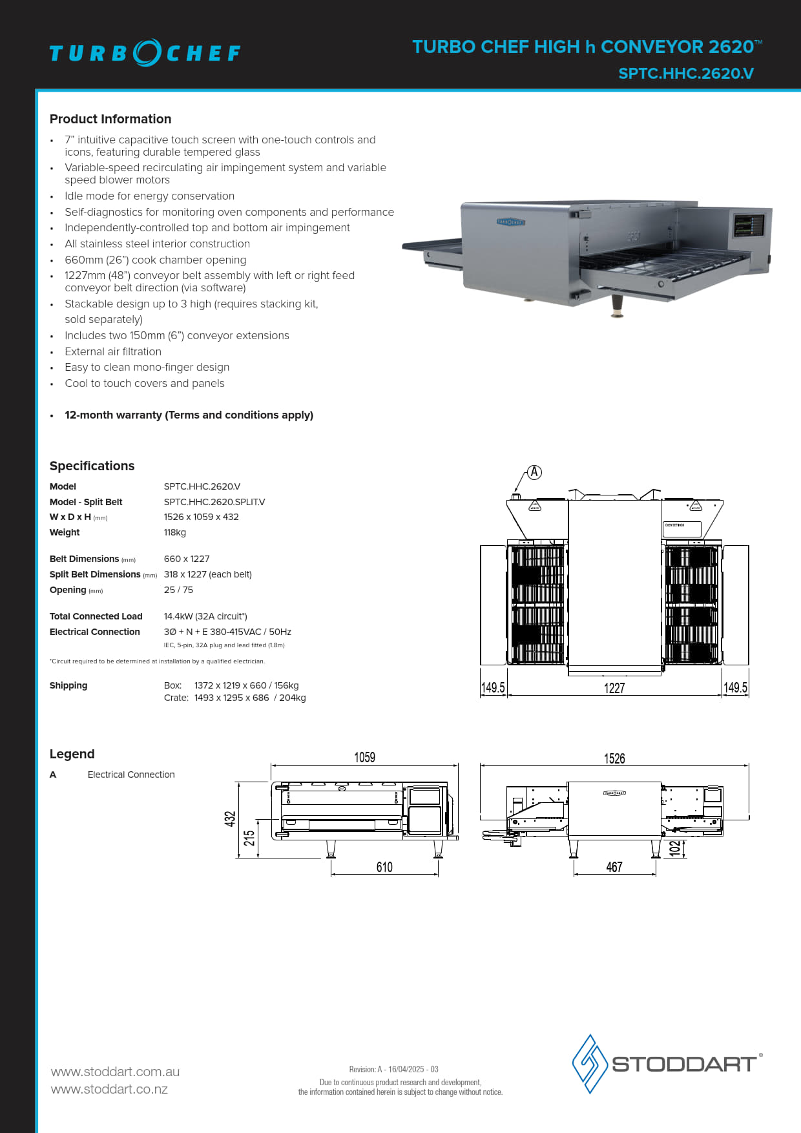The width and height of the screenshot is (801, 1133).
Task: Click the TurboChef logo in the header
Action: (x=145, y=53)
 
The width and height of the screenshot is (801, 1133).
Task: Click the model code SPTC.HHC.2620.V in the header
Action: (x=685, y=74)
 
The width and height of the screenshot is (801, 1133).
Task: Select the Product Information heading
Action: (x=110, y=119)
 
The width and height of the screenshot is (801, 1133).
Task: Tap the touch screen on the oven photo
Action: (x=748, y=226)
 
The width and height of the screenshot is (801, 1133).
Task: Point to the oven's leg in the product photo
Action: (x=618, y=306)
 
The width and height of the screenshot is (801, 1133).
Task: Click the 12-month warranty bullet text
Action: (x=189, y=415)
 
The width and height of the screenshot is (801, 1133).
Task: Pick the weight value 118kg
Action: (x=174, y=532)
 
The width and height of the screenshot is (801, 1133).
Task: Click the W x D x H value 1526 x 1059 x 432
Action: (x=201, y=517)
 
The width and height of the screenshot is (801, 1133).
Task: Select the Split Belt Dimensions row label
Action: (x=95, y=574)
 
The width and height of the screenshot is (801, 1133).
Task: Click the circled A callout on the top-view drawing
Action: (x=534, y=472)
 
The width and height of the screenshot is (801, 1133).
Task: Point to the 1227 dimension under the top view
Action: (x=614, y=688)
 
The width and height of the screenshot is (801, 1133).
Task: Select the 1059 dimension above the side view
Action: (x=364, y=757)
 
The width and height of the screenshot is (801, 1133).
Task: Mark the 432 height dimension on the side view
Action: (x=230, y=819)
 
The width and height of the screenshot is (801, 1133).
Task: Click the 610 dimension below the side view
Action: (x=384, y=867)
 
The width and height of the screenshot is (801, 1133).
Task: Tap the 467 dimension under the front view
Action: (x=614, y=867)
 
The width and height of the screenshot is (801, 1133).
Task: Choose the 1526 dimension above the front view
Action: (x=614, y=758)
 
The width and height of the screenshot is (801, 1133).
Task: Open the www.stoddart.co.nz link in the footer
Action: (x=109, y=1089)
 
